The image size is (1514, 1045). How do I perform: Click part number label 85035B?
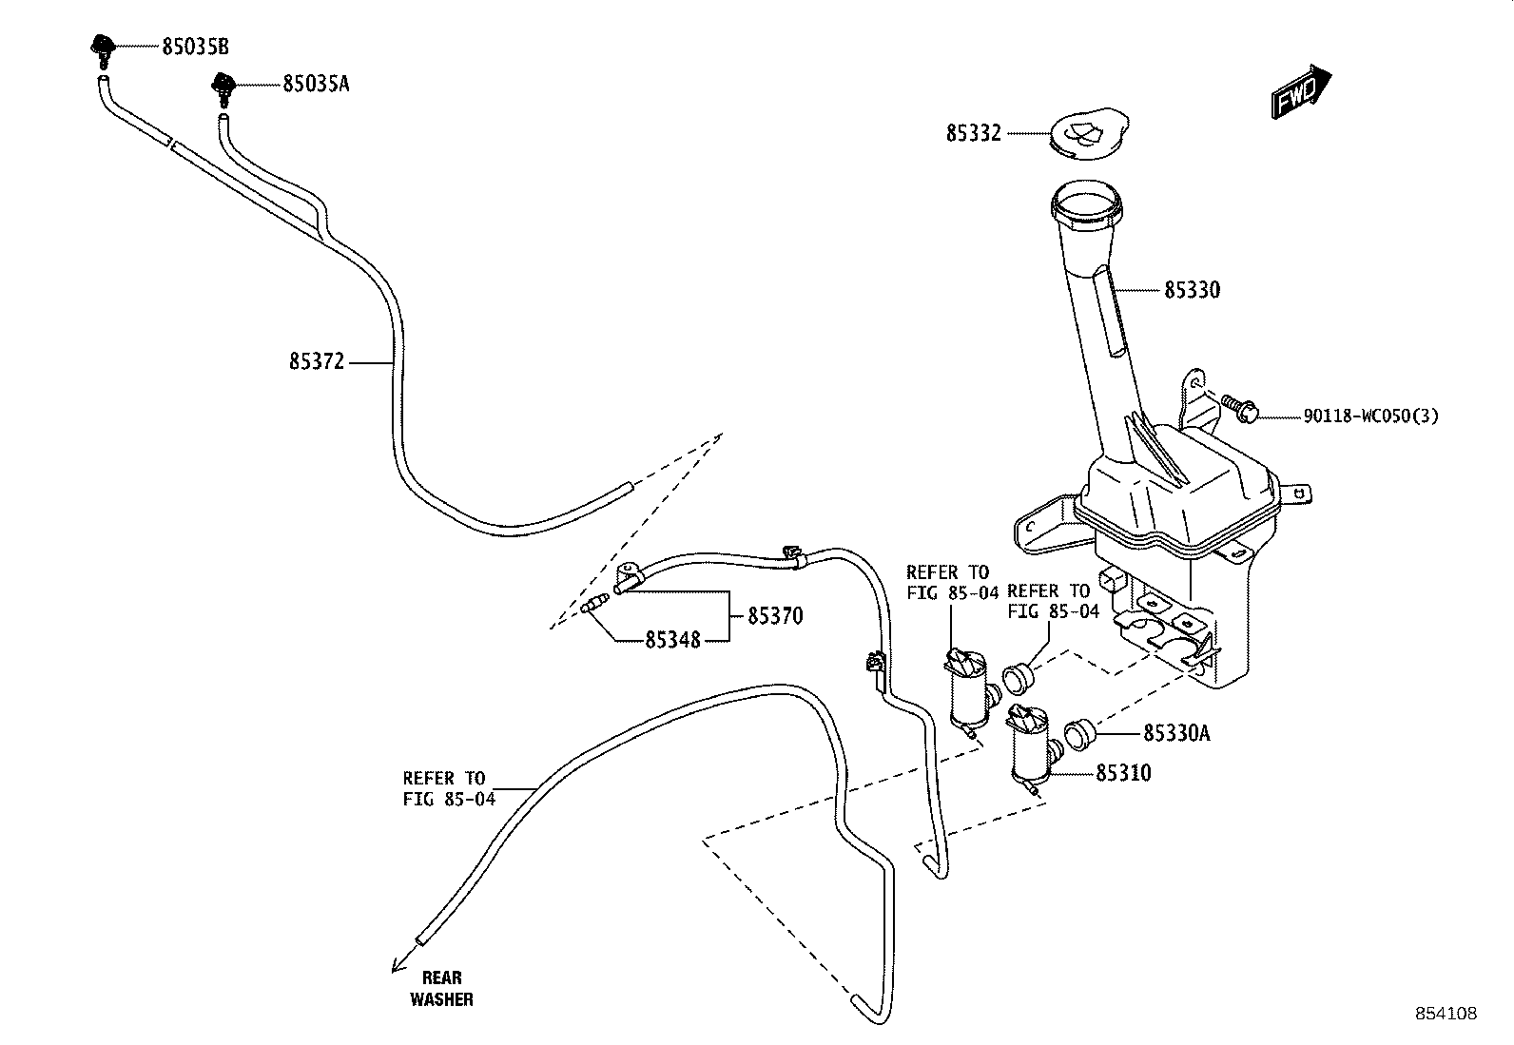tap(195, 47)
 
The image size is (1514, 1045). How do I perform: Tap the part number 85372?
tap(317, 362)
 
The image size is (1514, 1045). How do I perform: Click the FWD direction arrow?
tap(1301, 91)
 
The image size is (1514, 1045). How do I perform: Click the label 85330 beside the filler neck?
tap(1192, 289)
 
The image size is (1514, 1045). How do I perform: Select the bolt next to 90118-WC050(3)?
tap(1239, 410)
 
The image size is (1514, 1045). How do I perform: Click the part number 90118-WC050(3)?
tap(1369, 416)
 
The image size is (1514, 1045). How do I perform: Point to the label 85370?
tap(775, 616)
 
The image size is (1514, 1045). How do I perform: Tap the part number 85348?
tap(672, 640)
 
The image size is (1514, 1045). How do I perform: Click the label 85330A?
tap(1176, 733)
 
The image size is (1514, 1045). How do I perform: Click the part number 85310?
tap(1123, 773)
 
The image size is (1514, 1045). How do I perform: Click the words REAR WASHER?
tap(441, 988)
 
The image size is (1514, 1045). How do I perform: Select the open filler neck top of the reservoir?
tap(1087, 203)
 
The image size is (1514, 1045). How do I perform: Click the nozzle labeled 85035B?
tap(100, 47)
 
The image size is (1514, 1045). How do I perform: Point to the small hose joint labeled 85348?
tap(596, 603)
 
